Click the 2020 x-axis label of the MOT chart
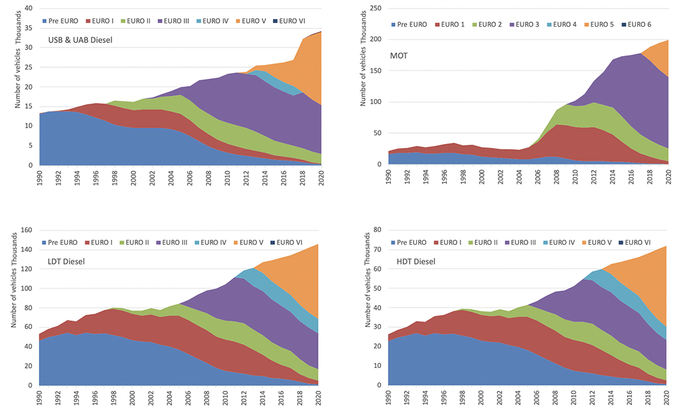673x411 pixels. point(667,178)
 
